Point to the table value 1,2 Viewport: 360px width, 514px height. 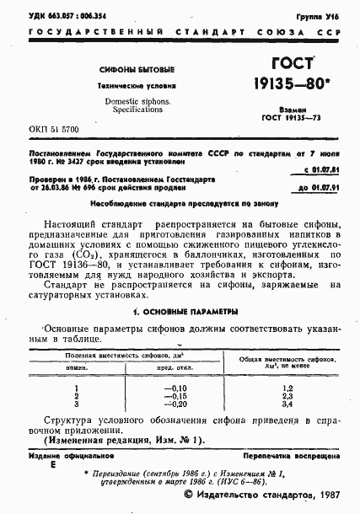click(x=285, y=386)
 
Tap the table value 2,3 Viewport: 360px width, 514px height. click(x=285, y=394)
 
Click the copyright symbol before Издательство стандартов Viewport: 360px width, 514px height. click(x=190, y=498)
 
